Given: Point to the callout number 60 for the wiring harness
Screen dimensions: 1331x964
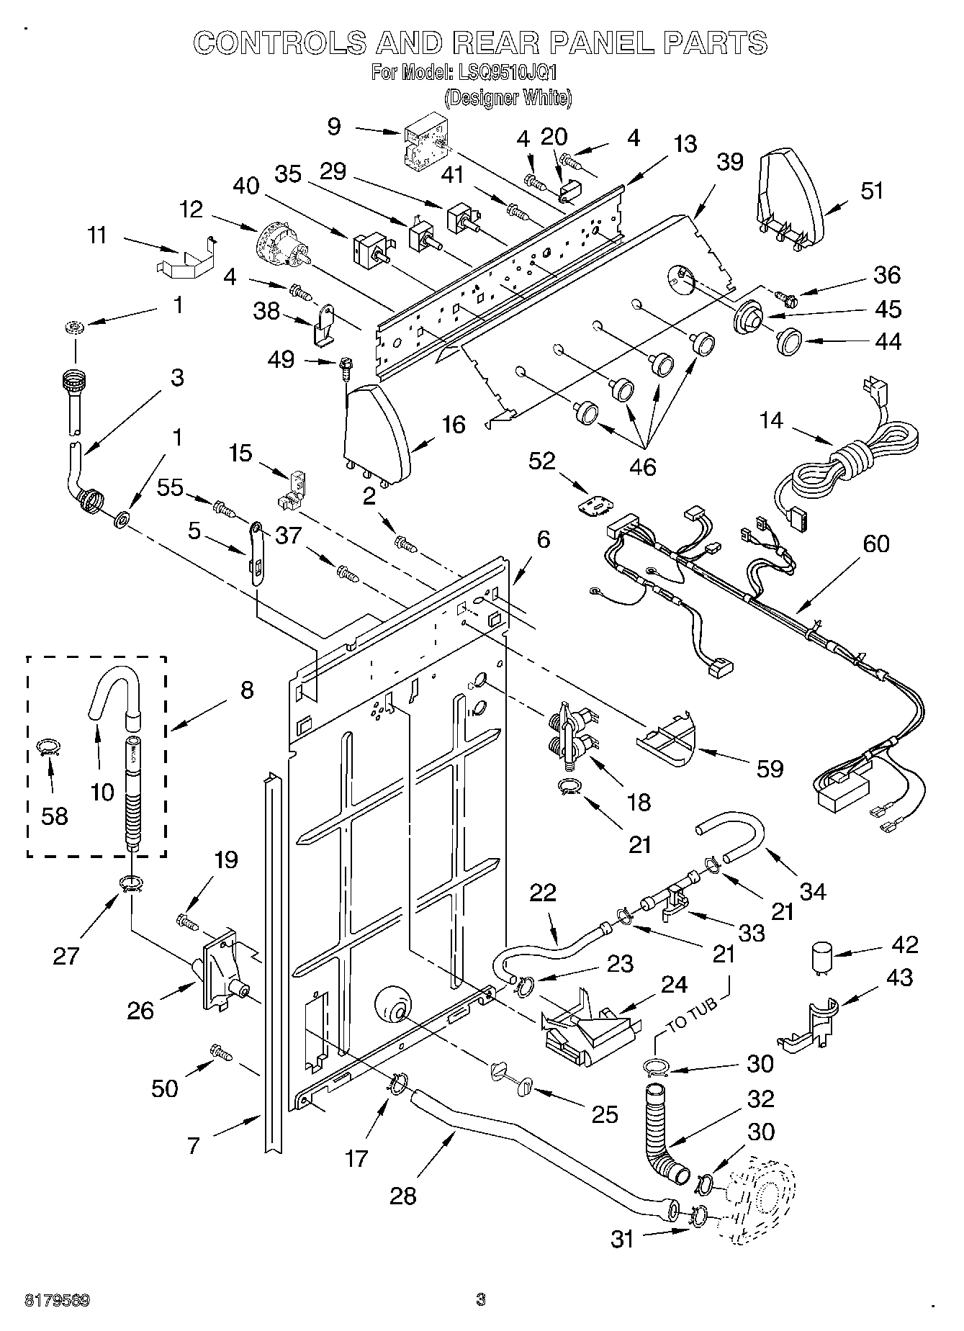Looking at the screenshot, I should (x=876, y=544).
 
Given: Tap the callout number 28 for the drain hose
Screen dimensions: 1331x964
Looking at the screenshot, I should (x=403, y=1196).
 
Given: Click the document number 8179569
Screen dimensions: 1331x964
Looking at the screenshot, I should (x=58, y=1301).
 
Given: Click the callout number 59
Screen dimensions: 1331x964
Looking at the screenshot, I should (x=770, y=769).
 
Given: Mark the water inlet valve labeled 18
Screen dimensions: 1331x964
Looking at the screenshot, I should (x=574, y=733).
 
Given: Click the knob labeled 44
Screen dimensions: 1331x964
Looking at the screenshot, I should (x=790, y=340).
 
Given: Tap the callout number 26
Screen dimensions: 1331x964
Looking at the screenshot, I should (x=140, y=1010).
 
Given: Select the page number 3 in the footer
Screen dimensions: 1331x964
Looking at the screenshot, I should (x=481, y=1300).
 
